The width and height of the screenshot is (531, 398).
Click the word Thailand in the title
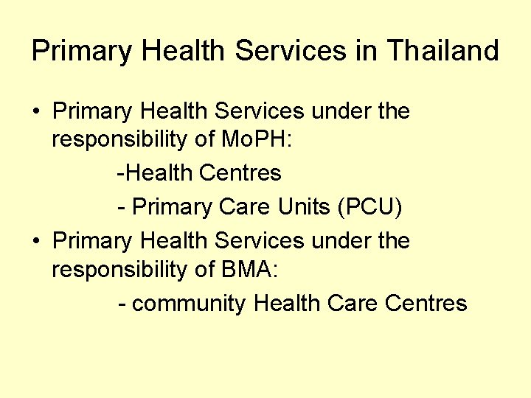coord(442,51)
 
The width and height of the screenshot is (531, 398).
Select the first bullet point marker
coord(35,112)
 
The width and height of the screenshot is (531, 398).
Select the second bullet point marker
coord(35,241)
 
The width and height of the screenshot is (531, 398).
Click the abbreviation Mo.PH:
coord(254,140)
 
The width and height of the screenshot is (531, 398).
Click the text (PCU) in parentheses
coord(369,207)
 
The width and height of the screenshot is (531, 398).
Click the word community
coord(189,303)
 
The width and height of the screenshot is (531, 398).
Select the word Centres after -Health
coord(240,173)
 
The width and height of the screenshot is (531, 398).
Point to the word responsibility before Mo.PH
coord(117,140)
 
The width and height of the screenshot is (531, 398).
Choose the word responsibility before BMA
coord(117,270)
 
